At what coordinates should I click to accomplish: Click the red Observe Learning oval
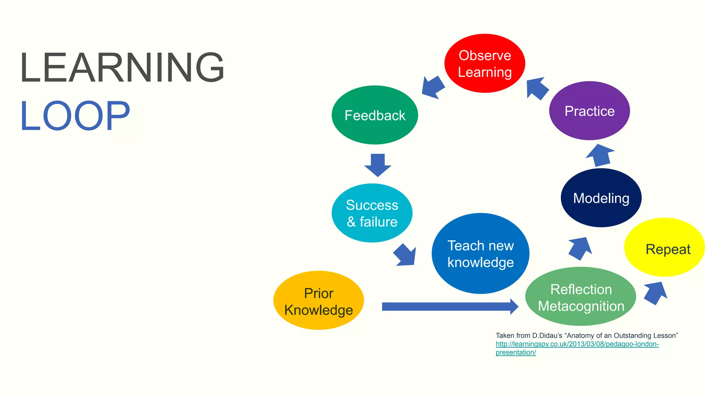click(x=484, y=63)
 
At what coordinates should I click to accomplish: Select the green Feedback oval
click(x=375, y=115)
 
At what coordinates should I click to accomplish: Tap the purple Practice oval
click(x=589, y=111)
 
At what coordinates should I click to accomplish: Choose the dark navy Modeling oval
click(x=601, y=198)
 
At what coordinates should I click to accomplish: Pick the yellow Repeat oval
click(x=664, y=247)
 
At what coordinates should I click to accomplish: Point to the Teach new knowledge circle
click(x=480, y=254)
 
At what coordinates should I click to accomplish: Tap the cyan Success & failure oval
click(x=372, y=213)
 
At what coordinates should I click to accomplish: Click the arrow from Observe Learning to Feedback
click(x=433, y=87)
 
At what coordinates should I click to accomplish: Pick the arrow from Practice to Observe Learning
click(x=537, y=88)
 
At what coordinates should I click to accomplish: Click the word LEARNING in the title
click(x=122, y=67)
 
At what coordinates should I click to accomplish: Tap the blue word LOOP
click(x=75, y=116)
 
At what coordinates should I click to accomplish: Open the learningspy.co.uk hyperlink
click(x=577, y=344)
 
